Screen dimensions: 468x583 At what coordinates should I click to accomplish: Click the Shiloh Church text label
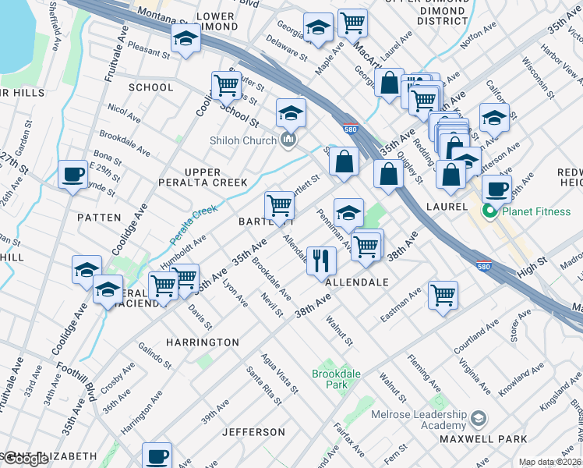[x=242, y=140]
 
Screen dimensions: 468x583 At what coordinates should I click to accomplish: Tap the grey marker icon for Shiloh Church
[x=289, y=140]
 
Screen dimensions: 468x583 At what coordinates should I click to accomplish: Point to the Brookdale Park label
[x=336, y=379]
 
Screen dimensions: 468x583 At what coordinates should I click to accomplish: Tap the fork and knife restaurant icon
[x=320, y=261]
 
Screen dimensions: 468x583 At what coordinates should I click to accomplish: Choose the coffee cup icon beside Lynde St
[x=73, y=174]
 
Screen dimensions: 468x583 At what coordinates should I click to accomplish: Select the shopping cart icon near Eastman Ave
[x=443, y=295]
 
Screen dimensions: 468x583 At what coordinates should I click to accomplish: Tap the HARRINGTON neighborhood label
[x=203, y=342]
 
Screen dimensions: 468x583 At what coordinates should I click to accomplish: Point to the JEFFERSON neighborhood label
[x=253, y=431]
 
